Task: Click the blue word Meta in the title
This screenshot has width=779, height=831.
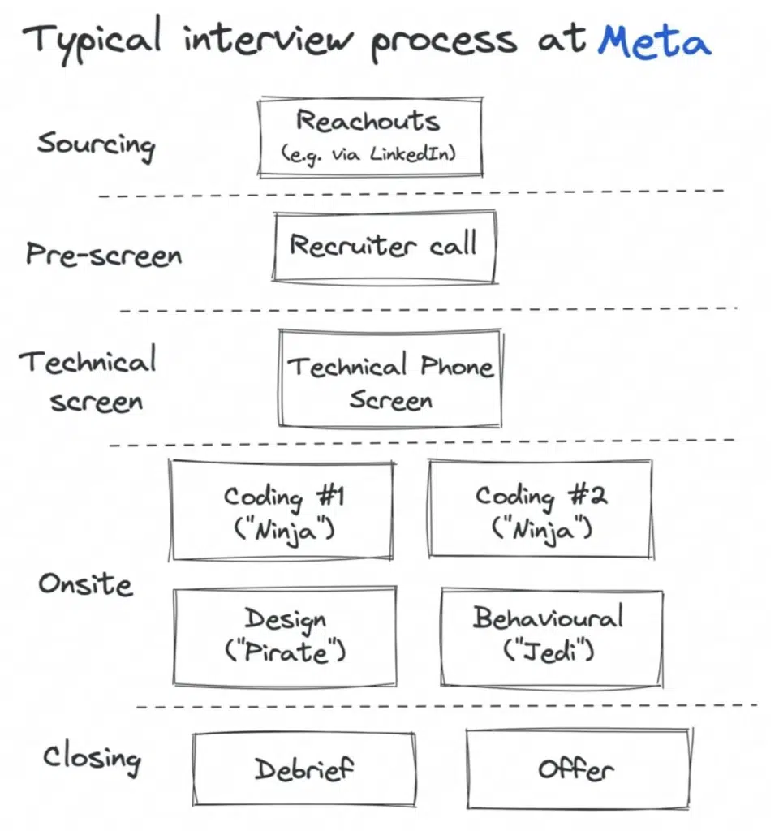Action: pos(655,41)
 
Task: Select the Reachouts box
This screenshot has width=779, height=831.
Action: pos(370,136)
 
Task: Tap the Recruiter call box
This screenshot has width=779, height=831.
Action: pos(385,247)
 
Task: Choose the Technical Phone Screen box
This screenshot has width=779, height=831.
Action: pos(390,378)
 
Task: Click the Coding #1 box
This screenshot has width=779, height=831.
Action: pos(282,510)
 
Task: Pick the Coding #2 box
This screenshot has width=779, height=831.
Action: pos(540,509)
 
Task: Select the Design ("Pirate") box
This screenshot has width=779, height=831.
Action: pos(285,636)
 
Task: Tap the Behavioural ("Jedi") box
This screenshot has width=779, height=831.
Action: pos(552,638)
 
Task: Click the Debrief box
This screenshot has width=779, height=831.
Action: pos(304,769)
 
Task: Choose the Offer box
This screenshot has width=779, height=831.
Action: pos(578,769)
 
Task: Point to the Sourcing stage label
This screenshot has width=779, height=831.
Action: pos(96,145)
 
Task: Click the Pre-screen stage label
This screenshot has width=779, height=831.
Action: pos(104,254)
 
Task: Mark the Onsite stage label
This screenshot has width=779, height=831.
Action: pos(85,584)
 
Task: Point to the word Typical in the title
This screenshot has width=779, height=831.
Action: pos(92,38)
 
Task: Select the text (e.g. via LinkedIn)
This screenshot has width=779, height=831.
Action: pos(368,155)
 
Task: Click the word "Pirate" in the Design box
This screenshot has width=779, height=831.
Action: pos(285,652)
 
